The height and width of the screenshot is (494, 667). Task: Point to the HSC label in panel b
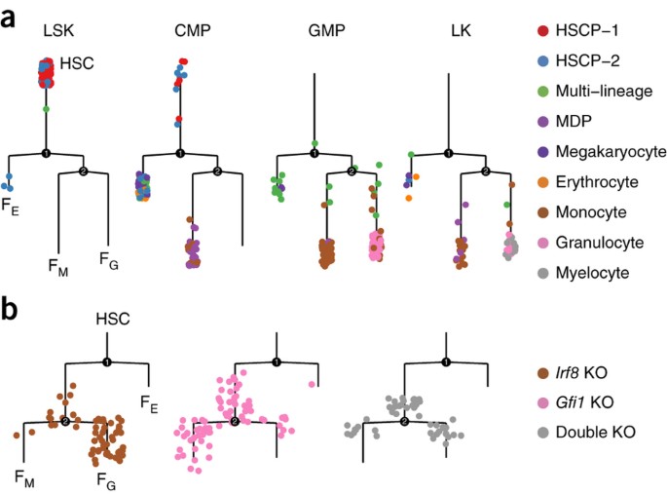(x=112, y=319)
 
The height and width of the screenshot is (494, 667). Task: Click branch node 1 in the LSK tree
(x=46, y=153)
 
